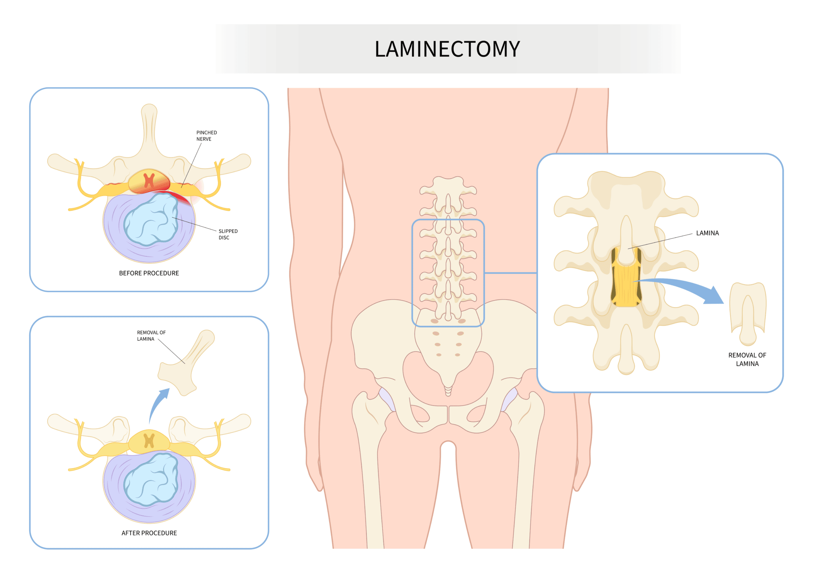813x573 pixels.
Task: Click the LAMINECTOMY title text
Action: click(447, 49)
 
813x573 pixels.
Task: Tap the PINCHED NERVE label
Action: click(206, 136)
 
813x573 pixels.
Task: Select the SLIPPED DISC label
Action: click(228, 234)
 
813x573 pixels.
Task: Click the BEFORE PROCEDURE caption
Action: click(149, 273)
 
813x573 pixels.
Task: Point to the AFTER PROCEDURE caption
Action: click(149, 533)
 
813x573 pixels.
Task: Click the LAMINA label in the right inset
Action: click(707, 233)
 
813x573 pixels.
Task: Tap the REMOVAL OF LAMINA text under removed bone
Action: click(747, 360)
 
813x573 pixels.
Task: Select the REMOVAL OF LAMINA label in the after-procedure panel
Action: click(151, 336)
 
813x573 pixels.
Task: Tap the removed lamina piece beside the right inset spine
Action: click(748, 313)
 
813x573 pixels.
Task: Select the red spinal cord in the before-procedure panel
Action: click(149, 181)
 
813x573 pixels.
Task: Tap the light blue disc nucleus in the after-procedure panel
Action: click(151, 479)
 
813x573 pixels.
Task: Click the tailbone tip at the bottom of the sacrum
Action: click(448, 394)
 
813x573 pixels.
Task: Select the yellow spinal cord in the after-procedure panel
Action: click(149, 441)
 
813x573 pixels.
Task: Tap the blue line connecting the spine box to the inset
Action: click(511, 273)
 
